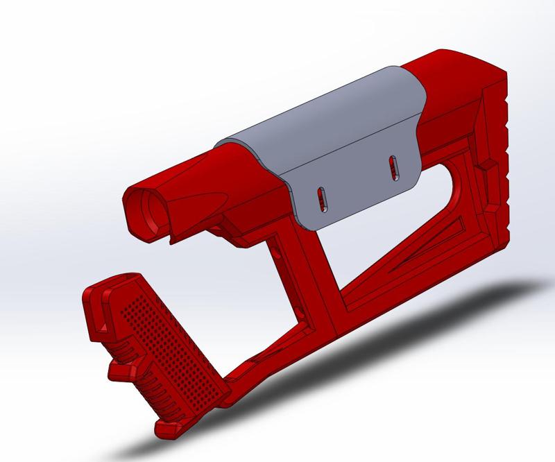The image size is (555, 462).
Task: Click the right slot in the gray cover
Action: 394,167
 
